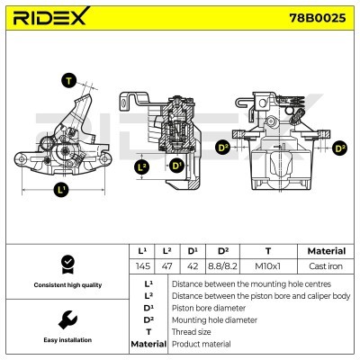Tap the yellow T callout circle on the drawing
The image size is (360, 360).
[x=68, y=80]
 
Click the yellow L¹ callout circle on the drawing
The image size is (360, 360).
[x=61, y=189]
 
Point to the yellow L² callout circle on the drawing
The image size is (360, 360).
[x=141, y=166]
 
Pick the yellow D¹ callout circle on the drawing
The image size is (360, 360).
[x=175, y=166]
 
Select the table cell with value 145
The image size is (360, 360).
[x=140, y=267]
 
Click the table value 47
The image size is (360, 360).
[x=167, y=267]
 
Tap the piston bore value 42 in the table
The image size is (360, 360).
[x=193, y=267]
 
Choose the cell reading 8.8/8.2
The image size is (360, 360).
[x=224, y=267]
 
